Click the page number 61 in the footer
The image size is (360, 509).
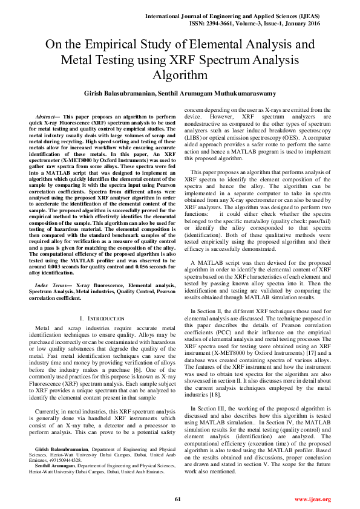point(178,499)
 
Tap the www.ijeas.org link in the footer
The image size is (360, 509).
point(312,499)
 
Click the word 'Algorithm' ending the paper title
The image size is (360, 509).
point(180,75)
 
